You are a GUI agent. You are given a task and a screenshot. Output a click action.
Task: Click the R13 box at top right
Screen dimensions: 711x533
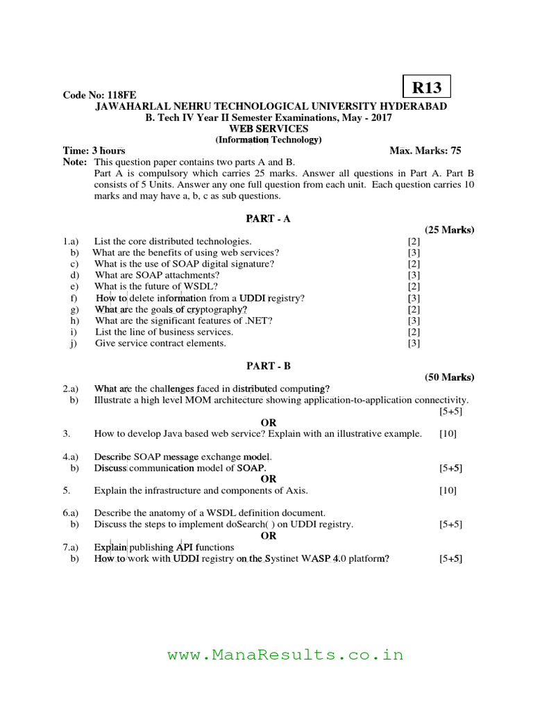427,87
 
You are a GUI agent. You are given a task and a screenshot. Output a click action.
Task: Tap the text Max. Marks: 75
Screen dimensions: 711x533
425,151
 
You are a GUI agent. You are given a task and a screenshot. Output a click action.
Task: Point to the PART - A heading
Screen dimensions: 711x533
268,219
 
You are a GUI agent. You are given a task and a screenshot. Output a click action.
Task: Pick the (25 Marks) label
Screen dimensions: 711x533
449,230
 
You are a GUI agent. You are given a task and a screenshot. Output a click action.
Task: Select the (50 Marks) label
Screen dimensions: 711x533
449,377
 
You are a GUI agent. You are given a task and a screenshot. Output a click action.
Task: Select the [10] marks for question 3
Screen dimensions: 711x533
448,434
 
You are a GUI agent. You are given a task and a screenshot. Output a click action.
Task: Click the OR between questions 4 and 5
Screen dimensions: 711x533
268,479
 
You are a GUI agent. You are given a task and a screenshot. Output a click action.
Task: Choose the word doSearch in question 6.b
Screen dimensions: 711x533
231,524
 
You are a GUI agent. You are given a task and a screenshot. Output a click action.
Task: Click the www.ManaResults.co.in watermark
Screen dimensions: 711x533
285,655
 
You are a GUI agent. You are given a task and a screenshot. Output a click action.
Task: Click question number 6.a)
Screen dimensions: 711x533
71,513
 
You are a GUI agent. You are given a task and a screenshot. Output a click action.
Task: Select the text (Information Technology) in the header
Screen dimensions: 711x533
268,140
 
